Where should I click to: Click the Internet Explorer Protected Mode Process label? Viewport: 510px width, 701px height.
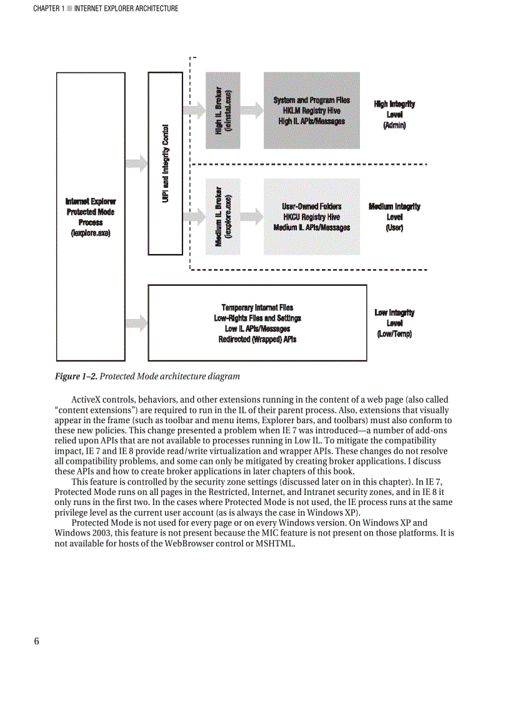click(91, 217)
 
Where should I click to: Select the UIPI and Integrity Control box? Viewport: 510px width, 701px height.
click(165, 163)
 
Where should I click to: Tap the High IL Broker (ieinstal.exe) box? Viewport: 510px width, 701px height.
click(222, 110)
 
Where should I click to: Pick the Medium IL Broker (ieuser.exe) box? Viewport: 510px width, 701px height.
click(222, 215)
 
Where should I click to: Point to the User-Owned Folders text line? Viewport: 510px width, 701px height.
click(311, 206)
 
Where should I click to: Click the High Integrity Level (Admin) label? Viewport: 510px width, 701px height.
click(394, 114)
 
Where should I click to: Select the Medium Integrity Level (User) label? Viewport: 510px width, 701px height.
click(394, 217)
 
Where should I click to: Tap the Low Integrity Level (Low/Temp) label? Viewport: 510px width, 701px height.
click(394, 323)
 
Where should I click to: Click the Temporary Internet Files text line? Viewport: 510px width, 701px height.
click(257, 307)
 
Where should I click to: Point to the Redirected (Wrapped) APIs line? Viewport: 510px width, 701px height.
click(257, 340)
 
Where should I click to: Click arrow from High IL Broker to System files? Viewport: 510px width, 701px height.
click(251, 110)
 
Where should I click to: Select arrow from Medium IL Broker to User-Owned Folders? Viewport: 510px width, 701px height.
click(251, 217)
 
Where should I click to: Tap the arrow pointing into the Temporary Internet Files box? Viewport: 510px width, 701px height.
click(137, 323)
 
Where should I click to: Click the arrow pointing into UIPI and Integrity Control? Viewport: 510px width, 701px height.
click(137, 164)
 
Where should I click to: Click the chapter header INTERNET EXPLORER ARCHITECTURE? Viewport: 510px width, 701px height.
click(126, 9)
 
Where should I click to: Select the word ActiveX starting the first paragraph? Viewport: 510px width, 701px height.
click(87, 400)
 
